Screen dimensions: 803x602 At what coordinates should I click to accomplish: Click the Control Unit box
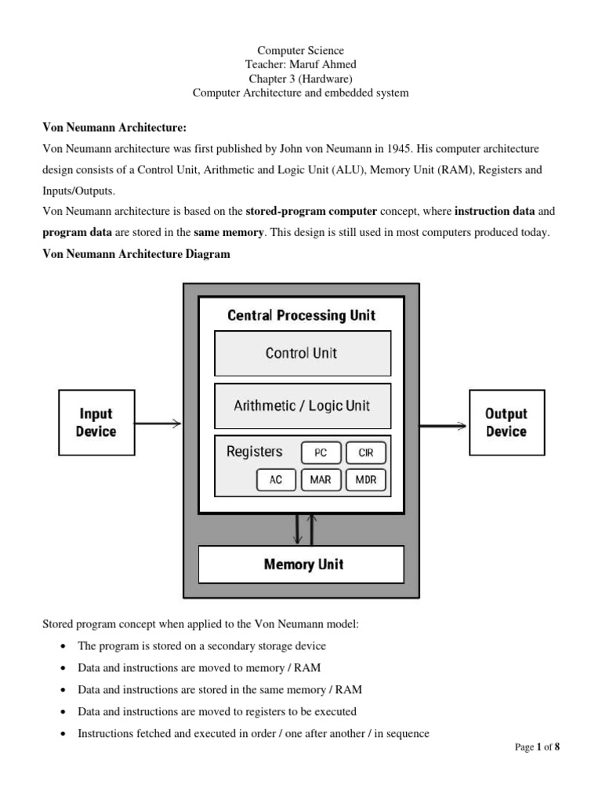(x=302, y=353)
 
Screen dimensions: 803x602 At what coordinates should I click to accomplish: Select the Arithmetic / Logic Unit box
(x=302, y=405)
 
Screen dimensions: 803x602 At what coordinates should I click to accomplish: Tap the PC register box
(x=321, y=452)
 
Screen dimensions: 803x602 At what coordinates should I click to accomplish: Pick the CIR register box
(x=365, y=452)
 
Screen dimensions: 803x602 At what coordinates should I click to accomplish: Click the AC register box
(x=276, y=480)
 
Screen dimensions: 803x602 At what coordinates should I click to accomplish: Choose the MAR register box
(x=321, y=480)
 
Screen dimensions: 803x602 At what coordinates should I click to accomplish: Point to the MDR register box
(x=365, y=480)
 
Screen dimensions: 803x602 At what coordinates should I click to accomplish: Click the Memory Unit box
(x=302, y=564)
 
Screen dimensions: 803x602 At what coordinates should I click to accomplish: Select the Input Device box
(x=95, y=423)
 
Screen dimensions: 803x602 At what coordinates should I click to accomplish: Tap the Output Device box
(x=506, y=423)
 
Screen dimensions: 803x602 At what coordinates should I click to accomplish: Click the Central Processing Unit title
(x=302, y=315)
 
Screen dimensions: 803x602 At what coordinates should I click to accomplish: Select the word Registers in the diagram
(x=254, y=452)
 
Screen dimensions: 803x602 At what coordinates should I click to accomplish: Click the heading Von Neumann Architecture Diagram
(x=136, y=254)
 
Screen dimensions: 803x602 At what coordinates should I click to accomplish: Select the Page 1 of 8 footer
(x=537, y=747)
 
